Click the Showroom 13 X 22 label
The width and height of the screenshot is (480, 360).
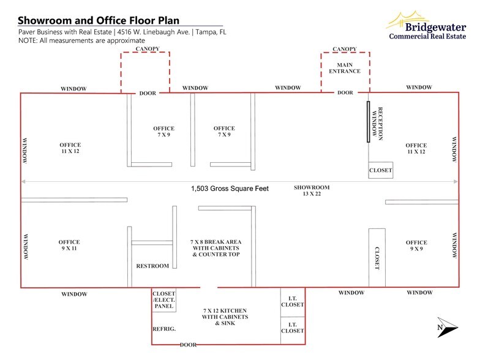[312, 191]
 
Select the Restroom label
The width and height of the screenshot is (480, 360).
[152, 266]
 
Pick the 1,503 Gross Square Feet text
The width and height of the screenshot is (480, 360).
[230, 189]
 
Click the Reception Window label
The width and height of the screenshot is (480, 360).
[380, 124]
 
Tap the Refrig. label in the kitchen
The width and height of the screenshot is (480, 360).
[163, 329]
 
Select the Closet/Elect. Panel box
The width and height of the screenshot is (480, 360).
[163, 298]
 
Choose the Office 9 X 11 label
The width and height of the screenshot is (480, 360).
[69, 246]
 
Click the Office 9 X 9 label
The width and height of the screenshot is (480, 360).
[416, 246]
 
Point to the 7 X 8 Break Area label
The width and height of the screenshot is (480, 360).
[214, 248]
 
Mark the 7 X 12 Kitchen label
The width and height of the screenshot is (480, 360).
[225, 317]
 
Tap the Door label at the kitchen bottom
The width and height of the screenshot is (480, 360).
[189, 345]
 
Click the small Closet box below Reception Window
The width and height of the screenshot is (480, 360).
[380, 170]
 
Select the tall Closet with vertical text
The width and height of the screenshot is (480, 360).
[377, 257]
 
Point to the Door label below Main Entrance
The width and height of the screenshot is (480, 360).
[345, 92]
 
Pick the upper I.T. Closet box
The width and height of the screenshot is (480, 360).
[292, 301]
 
